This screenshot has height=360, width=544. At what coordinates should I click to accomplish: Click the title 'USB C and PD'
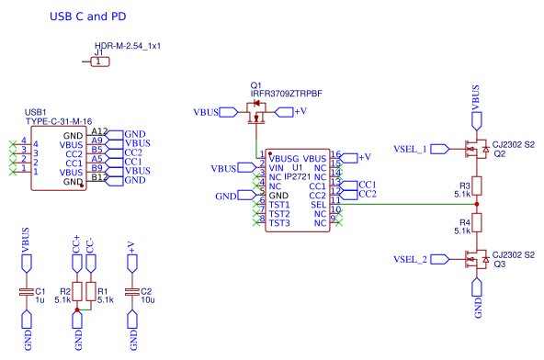pos(88,17)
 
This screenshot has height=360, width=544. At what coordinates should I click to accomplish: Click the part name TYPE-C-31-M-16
pos(58,121)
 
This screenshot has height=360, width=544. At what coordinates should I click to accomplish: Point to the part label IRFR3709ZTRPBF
pos(286,94)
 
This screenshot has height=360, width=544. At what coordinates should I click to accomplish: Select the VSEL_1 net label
pos(410,148)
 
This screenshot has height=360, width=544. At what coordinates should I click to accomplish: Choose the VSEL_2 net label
pos(410,260)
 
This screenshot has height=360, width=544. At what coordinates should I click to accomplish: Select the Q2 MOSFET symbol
pos(475,148)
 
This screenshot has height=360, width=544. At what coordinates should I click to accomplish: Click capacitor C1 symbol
pos(27,292)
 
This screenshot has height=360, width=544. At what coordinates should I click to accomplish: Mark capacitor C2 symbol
pos(132,292)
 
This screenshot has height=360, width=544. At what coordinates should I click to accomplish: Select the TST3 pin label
pos(279,223)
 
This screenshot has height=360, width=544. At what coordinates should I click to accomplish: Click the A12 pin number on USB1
pos(99,132)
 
